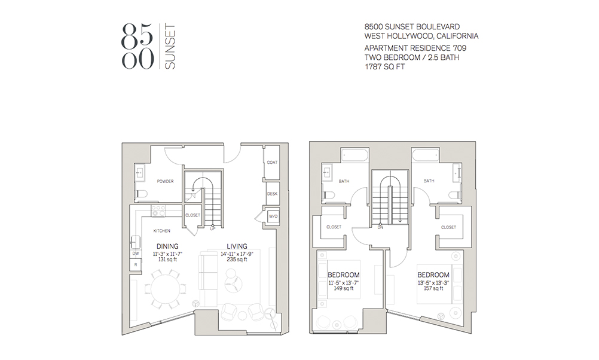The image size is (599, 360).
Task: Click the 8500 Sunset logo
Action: pos(148,47)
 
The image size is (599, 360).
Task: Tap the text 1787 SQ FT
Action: pos(385,67)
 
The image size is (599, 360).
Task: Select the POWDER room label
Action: pos(165,181)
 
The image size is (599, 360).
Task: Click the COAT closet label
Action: pos(272,163)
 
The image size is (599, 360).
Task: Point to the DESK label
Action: pos(272,194)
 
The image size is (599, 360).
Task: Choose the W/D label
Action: pos(273,216)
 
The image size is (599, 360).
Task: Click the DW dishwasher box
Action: pos(136,254)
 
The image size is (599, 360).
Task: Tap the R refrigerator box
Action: pos(136,264)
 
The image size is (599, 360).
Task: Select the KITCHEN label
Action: pos(161,231)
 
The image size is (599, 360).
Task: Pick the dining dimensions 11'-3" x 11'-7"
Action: pos(167,254)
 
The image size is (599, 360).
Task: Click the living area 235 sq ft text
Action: pos(237,260)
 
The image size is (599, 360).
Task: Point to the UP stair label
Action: pos(212,228)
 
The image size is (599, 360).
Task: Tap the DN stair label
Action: pos(380,227)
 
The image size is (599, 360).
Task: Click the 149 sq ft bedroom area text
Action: pos(343,288)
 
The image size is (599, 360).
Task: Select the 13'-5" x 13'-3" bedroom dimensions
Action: pos(433,283)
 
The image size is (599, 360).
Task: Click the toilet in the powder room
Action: pos(139,194)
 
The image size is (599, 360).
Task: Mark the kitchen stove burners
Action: pos(158,211)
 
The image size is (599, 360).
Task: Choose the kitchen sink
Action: pos(136,242)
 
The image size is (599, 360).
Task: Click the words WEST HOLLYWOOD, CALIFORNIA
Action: pos(421,36)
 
